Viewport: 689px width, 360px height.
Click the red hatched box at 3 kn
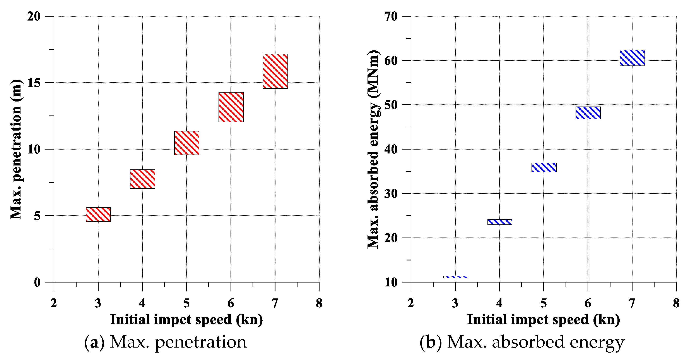(x=98, y=214)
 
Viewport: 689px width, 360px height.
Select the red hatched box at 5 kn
(x=187, y=143)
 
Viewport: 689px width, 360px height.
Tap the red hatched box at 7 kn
(x=275, y=71)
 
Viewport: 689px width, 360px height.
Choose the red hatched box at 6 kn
(x=231, y=107)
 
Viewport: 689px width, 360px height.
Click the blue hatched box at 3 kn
(x=455, y=277)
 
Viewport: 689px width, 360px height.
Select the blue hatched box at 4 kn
(x=500, y=222)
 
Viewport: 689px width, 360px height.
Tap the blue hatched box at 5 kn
(x=544, y=167)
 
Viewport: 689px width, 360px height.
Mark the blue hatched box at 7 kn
(x=632, y=58)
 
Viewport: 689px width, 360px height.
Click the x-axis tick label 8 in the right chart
(x=676, y=303)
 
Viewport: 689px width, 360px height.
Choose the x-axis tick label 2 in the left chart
(x=54, y=303)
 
